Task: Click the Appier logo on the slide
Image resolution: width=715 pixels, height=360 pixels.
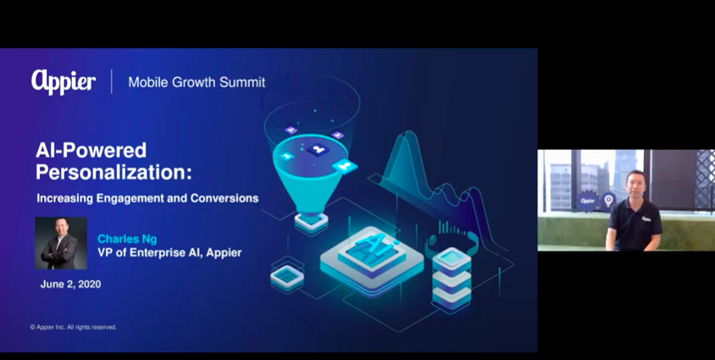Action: (64, 82)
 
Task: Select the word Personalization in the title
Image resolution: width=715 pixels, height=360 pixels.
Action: (114, 173)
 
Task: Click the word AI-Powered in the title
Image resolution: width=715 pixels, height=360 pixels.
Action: (91, 150)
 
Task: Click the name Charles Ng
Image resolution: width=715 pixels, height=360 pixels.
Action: (127, 239)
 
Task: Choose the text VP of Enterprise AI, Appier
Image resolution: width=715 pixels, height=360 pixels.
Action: (169, 252)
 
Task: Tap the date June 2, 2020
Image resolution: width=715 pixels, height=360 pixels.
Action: (70, 285)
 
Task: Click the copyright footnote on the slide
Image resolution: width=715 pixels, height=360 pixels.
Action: (74, 327)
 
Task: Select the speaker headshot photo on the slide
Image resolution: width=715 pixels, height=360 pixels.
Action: (61, 243)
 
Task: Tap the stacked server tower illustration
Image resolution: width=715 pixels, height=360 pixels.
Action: (452, 279)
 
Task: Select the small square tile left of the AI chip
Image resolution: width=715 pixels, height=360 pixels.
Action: (287, 275)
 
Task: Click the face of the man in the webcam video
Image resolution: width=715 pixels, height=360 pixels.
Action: (636, 186)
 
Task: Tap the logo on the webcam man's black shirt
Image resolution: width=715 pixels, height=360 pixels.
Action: (646, 219)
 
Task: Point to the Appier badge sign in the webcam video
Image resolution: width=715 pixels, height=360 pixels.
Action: (588, 201)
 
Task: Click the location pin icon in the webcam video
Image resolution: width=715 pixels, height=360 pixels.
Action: (607, 201)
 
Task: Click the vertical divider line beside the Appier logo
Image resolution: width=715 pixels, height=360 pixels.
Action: (112, 81)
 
